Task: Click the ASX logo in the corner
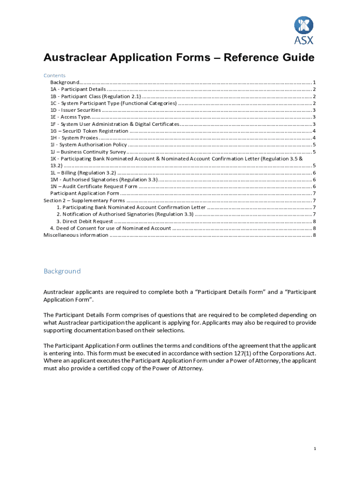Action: coord(303,30)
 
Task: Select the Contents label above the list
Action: coord(54,75)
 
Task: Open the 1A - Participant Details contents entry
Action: coord(78,89)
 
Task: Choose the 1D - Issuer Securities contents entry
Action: coord(75,110)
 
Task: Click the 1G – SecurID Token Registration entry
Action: coord(89,131)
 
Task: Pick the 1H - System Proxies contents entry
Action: coord(74,138)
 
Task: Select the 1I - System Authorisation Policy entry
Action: coord(88,145)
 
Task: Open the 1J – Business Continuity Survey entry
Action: coord(88,152)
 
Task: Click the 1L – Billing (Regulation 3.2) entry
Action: coord(83,173)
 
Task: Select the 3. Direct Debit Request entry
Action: coord(85,221)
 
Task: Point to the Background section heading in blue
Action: coord(62,271)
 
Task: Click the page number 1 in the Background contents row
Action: coord(315,82)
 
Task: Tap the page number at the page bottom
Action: coord(315,449)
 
